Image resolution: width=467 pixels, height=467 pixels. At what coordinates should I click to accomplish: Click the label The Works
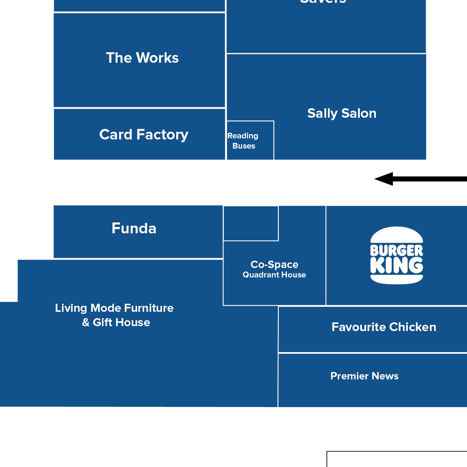coord(142,58)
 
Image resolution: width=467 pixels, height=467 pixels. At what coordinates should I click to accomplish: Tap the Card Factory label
coord(144,135)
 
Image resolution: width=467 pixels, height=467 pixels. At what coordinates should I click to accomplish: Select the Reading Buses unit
coord(250,140)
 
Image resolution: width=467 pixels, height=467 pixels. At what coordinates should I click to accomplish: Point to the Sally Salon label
coord(342,114)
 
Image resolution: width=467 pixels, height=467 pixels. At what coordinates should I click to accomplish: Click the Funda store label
coord(134,228)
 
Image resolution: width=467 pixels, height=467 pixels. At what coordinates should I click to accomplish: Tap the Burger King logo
coord(397,255)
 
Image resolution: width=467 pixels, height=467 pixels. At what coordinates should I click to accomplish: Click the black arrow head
coord(384,179)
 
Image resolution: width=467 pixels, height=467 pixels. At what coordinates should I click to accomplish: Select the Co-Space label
coord(274,265)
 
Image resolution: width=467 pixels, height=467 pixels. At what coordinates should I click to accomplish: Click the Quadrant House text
coord(274,275)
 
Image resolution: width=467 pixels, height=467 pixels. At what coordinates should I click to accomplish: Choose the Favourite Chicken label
coord(384,327)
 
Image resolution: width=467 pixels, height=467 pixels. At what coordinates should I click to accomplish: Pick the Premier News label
coord(364,376)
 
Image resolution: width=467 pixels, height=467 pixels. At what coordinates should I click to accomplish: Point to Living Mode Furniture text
coord(114,308)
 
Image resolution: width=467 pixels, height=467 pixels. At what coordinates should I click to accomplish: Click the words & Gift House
coord(116,322)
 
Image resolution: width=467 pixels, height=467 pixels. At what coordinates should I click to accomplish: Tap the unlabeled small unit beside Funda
coord(251,224)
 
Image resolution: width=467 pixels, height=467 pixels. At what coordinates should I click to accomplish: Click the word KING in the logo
coord(397,265)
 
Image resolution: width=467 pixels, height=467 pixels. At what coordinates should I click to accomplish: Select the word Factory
coord(162,135)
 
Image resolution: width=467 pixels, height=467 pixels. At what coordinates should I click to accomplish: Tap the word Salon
coord(359,114)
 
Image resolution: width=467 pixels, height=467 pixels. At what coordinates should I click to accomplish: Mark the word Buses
coord(244,146)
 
